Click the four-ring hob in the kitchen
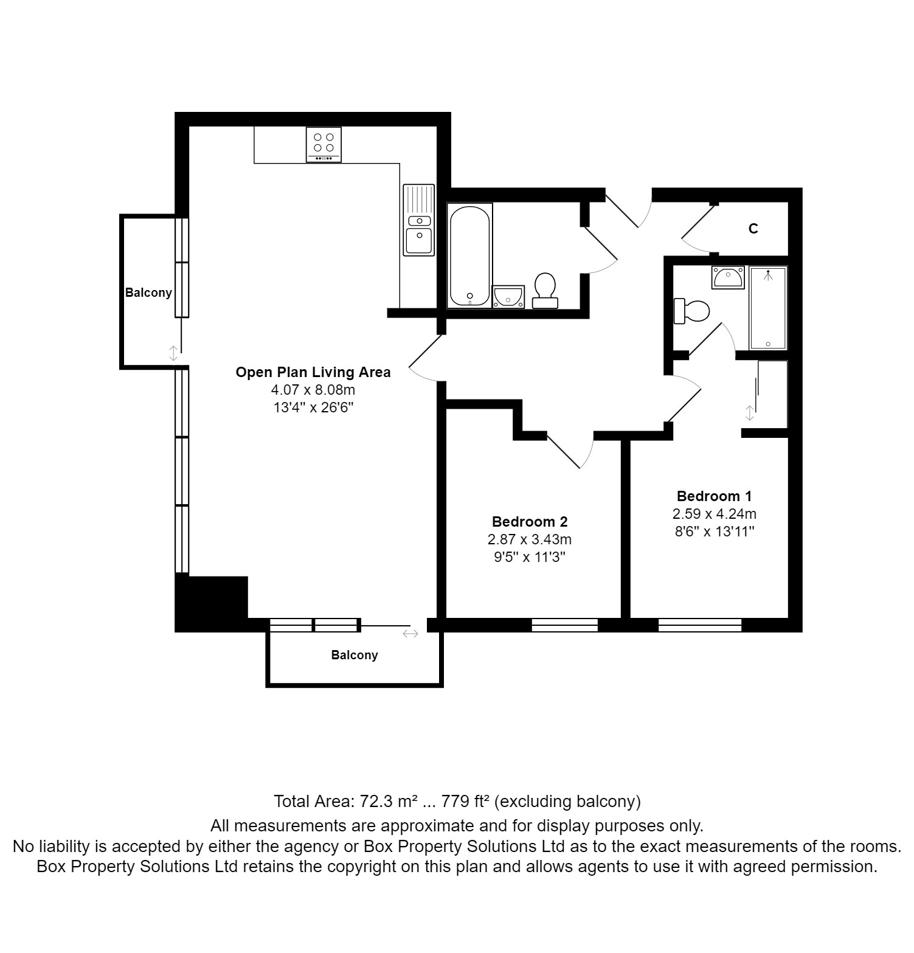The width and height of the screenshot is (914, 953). tap(324, 145)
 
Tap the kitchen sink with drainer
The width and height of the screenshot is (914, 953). tap(418, 220)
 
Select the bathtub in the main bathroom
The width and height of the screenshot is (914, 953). tap(469, 255)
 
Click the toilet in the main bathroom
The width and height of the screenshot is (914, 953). tap(545, 291)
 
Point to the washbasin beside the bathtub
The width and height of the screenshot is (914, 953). tap(508, 297)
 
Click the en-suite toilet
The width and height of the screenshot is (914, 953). tap(691, 311)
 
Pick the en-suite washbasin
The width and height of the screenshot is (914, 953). tap(728, 277)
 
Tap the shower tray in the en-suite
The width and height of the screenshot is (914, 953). tap(768, 308)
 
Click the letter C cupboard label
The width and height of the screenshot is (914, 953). tap(753, 229)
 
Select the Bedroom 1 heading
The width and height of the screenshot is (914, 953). tap(714, 496)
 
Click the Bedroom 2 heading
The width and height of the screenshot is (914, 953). tap(530, 522)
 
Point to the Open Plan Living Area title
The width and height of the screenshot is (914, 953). tap(313, 372)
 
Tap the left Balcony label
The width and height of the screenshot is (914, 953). tap(148, 293)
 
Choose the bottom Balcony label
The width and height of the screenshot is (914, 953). tap(355, 655)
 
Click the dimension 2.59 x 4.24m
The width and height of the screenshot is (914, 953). tap(715, 514)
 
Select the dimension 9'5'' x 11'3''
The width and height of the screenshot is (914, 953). tap(530, 557)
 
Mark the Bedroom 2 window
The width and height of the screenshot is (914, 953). tap(565, 625)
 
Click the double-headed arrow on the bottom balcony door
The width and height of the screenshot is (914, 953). tap(410, 634)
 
